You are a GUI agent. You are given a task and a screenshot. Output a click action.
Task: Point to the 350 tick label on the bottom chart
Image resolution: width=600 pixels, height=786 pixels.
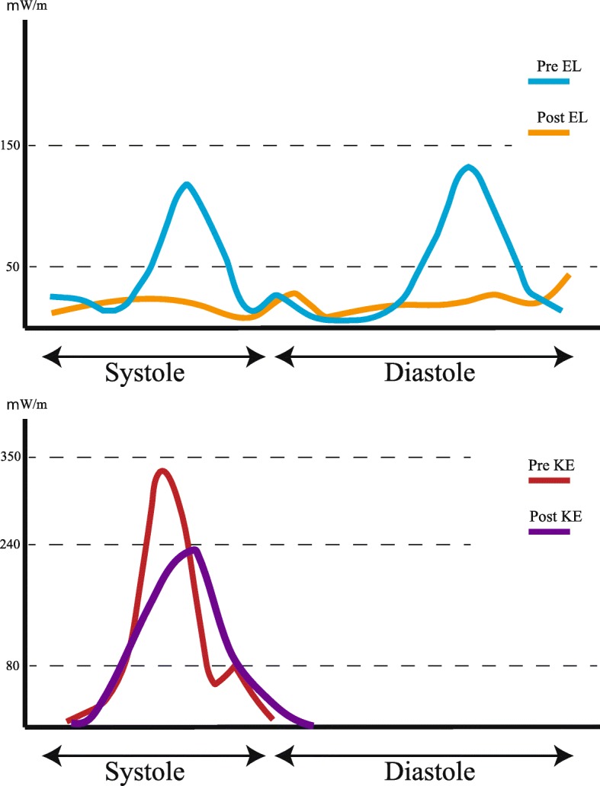click(14, 457)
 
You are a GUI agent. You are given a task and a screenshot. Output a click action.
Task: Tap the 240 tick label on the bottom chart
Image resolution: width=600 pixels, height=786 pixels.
click(14, 545)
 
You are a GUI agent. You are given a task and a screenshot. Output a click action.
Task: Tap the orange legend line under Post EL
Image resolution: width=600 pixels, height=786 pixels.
click(548, 132)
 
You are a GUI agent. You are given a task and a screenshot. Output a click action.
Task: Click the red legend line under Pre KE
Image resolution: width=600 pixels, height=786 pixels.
click(548, 480)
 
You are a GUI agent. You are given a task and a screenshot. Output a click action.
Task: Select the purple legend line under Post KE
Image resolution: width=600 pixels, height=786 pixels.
click(548, 531)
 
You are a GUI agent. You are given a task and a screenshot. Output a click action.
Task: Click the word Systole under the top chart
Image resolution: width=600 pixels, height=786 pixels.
click(144, 373)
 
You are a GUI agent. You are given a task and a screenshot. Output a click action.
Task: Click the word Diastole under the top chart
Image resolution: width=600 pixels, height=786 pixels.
click(429, 373)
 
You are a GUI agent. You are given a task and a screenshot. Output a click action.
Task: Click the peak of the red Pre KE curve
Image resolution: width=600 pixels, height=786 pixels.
click(161, 471)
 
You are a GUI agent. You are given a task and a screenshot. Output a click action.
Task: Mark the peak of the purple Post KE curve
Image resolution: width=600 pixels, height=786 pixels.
click(194, 549)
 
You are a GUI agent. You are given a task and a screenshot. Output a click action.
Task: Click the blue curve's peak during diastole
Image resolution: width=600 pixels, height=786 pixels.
click(468, 167)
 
